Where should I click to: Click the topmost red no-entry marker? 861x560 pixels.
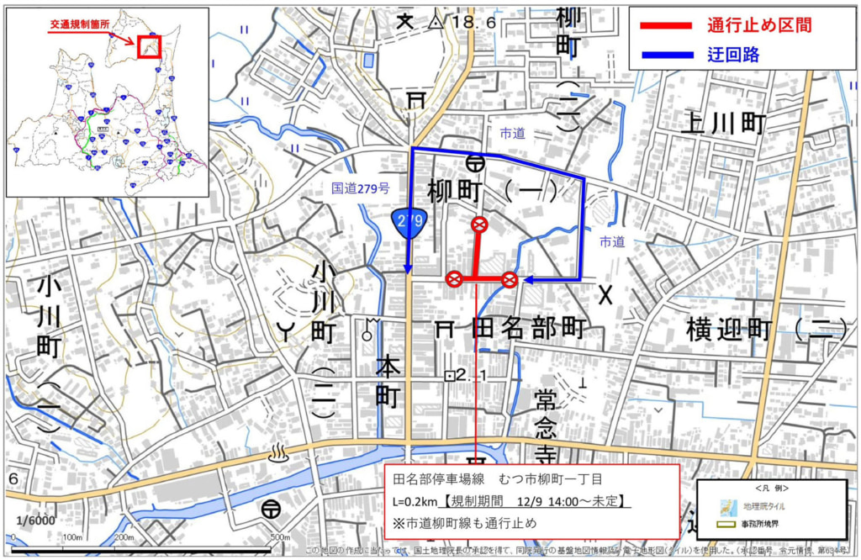(x=479, y=224)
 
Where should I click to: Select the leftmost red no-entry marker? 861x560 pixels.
(x=453, y=279)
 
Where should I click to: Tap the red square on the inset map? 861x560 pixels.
(x=148, y=47)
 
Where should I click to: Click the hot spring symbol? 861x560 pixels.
(x=277, y=454)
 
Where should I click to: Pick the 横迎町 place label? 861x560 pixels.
(x=728, y=330)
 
